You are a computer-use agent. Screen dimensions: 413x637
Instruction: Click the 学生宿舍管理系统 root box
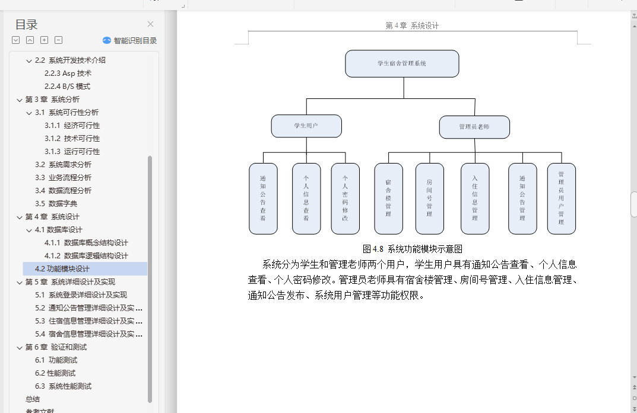402,63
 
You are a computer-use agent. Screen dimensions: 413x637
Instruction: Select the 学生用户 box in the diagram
306,126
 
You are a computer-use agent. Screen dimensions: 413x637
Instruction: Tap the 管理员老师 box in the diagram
474,127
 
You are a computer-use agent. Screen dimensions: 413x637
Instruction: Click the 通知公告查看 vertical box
263,199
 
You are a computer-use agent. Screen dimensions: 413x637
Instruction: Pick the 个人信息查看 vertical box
306,199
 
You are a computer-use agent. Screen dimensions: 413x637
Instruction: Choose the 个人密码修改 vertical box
345,199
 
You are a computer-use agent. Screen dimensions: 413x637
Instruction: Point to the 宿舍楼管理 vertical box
388,199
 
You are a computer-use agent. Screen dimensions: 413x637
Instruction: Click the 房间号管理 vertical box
429,199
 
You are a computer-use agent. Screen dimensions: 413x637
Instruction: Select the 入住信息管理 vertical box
475,199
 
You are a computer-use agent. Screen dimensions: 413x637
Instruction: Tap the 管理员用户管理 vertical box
561,199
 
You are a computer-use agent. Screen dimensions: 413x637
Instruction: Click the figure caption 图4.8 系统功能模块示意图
413,249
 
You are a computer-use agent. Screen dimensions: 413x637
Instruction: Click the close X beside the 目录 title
150,24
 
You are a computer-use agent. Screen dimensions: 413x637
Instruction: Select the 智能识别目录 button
129,41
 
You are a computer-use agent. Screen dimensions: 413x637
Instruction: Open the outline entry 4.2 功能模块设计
62,268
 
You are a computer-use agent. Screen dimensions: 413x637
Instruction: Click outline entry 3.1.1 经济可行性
72,125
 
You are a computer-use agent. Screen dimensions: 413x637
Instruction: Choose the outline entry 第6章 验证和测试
56,347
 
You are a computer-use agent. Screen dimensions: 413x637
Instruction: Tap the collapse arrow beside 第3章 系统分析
20,100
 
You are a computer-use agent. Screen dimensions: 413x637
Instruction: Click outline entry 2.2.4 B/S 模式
67,86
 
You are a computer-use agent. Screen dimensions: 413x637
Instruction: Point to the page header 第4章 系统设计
412,25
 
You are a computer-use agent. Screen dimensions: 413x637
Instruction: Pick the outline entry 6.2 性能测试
55,373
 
